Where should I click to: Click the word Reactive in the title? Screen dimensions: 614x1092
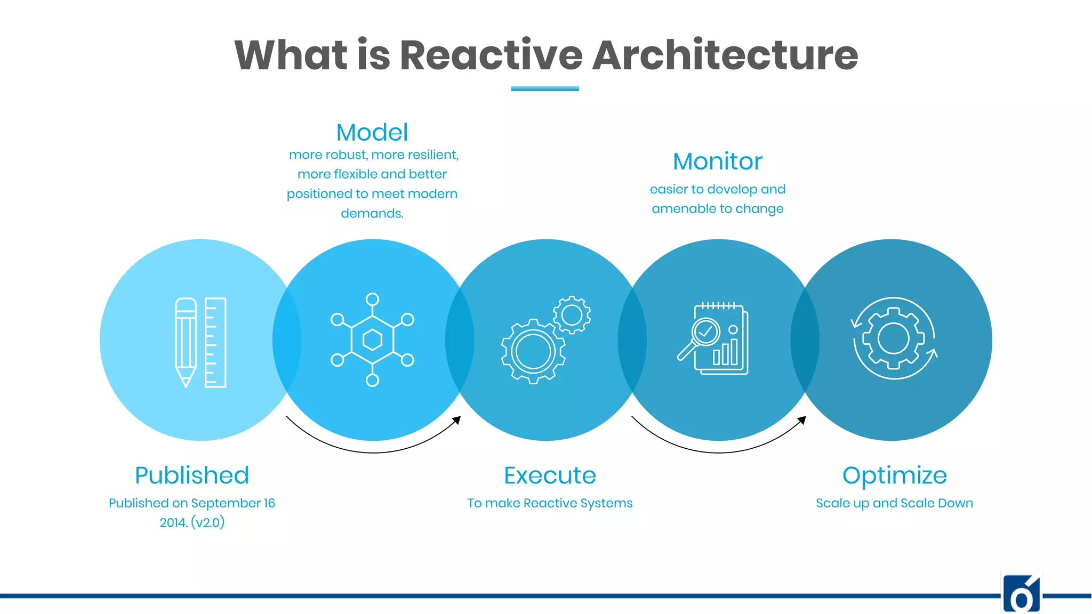coord(491,55)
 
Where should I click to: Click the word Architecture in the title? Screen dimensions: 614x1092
coord(725,55)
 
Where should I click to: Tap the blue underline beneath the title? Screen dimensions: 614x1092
coord(545,88)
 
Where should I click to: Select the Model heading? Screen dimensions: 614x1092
coord(372,132)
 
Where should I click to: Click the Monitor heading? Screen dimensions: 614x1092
coord(718,161)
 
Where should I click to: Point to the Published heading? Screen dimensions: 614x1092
coord(192,475)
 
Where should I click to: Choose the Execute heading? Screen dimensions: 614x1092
coord(550,475)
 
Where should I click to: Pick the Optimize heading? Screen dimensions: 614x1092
coord(894,475)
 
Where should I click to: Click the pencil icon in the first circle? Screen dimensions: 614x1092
coord(186,342)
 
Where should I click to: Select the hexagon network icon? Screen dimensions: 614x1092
coord(372,340)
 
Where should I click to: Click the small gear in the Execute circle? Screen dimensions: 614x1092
coord(572,315)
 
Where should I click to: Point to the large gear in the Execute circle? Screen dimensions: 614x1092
coord(533,351)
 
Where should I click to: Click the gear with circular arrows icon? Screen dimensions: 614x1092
coord(894,338)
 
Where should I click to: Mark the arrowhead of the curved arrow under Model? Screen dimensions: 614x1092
coord(457,420)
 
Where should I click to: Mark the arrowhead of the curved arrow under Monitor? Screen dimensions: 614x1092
coord(802,420)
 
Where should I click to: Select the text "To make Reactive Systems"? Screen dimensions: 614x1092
coord(550,503)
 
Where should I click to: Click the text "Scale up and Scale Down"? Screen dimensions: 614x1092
coord(894,503)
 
